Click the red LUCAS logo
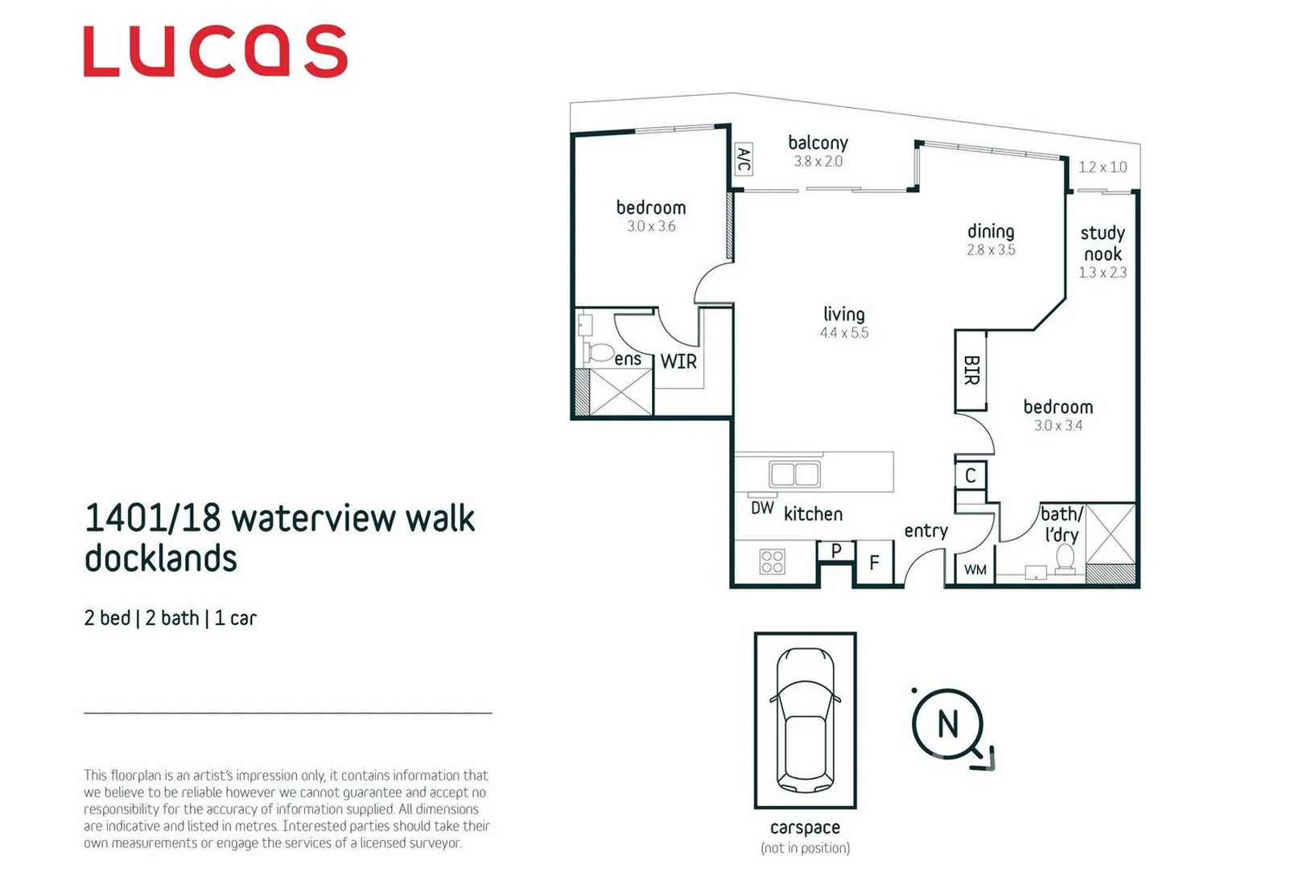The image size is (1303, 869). [x=215, y=51]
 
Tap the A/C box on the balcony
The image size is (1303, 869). [x=744, y=159]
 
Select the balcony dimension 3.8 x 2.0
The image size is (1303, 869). [x=818, y=162]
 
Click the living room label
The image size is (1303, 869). [x=843, y=314]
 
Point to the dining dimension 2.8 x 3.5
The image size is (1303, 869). [x=991, y=250]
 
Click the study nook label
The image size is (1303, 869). [x=1103, y=243]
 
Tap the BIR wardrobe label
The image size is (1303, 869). [x=971, y=370]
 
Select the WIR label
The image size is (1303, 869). [x=678, y=362]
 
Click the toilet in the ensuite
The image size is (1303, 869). [x=600, y=353]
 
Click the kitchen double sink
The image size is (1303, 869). [x=794, y=474]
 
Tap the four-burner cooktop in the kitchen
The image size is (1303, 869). [x=772, y=561]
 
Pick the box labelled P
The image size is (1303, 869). [x=836, y=550]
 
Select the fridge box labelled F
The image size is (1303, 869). [x=874, y=562]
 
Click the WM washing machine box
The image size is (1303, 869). [x=975, y=570]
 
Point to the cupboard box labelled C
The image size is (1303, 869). [x=971, y=476]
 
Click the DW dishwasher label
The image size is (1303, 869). [x=761, y=509]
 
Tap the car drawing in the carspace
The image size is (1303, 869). [x=805, y=720]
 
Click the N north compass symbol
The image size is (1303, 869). [x=948, y=724]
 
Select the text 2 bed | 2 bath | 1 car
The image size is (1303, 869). [x=170, y=618]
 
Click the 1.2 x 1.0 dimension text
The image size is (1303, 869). [x=1102, y=167]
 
